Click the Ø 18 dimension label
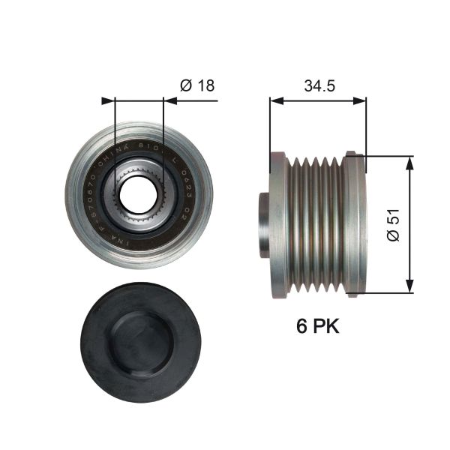pyautogui.click(x=197, y=85)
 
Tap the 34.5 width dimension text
pyautogui.click(x=319, y=85)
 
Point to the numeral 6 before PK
pyautogui.click(x=303, y=327)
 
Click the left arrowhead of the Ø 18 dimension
pyautogui.click(x=105, y=99)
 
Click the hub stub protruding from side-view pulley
pyautogui.click(x=263, y=224)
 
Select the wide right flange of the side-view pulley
pyautogui.click(x=355, y=224)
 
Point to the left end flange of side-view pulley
pyautogui.click(x=278, y=224)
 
